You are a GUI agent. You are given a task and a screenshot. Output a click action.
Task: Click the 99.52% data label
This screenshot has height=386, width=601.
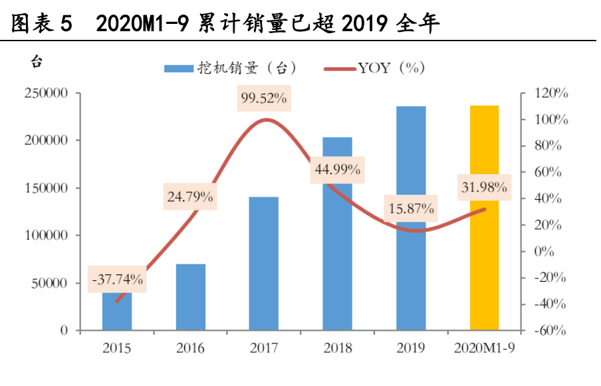point(264,98)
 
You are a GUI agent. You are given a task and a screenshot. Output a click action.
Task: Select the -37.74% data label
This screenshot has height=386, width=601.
point(117,280)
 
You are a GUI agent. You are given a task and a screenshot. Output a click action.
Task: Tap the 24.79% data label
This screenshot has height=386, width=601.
point(191,197)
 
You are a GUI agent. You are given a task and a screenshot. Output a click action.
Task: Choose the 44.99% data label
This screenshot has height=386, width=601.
point(338,169)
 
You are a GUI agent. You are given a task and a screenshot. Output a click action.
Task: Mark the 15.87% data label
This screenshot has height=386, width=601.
point(412,209)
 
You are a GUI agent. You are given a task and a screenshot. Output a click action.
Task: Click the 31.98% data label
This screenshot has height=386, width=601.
point(485,187)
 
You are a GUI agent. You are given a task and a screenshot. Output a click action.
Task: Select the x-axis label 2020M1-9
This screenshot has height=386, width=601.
point(485,348)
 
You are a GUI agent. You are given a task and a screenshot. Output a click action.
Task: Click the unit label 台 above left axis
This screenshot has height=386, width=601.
point(37,62)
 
